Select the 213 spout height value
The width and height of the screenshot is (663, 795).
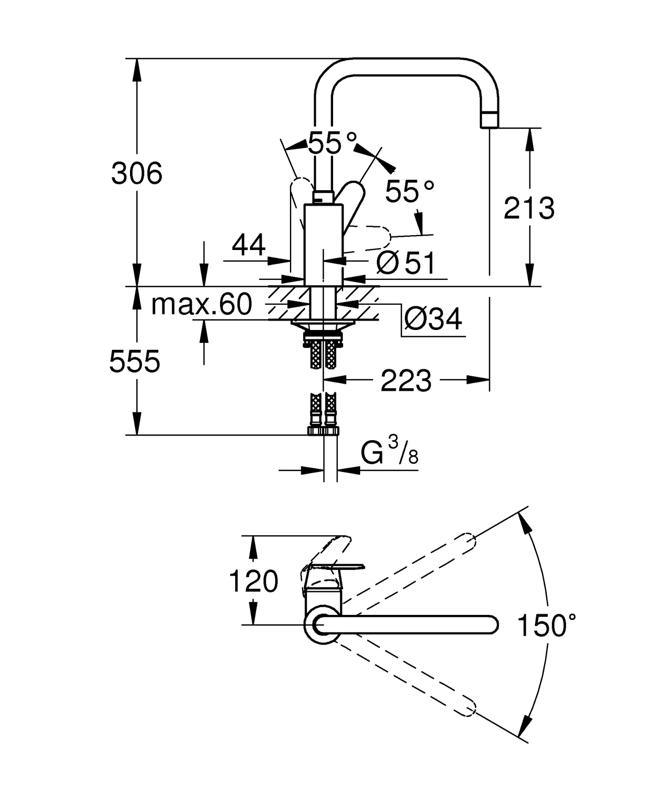click(529, 208)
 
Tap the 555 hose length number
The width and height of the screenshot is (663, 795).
click(134, 361)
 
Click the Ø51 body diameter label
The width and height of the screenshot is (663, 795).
click(406, 263)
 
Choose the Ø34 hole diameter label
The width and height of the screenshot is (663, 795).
click(433, 319)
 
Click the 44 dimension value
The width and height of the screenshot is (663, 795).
click(248, 245)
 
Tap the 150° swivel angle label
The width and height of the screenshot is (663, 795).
click(546, 626)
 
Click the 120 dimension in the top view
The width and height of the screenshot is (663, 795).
click(253, 581)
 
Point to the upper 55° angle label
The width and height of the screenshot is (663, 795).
click(332, 143)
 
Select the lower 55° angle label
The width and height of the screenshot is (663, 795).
click(410, 191)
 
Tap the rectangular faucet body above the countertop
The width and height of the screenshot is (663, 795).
click(323, 245)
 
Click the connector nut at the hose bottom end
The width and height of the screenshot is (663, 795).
click(323, 430)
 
